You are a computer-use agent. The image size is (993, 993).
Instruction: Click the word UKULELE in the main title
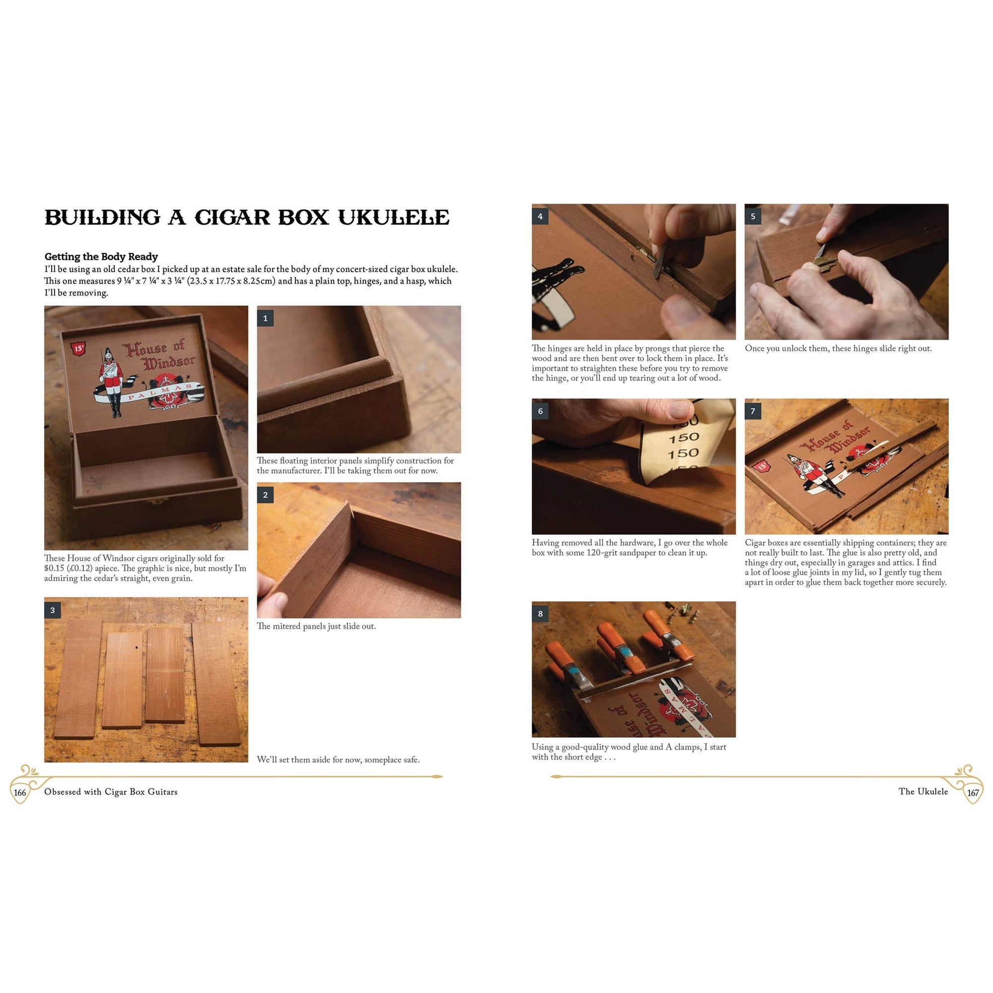pos(393,217)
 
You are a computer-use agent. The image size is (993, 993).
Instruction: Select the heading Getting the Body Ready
pos(101,257)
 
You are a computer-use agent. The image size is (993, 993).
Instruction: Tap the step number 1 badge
pos(265,318)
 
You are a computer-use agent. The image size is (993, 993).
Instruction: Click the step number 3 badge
pos(53,610)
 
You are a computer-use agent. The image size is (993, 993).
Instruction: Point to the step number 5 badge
pos(753,216)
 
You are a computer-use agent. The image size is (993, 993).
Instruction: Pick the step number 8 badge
pos(540,614)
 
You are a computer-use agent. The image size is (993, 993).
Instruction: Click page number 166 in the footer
pos(19,792)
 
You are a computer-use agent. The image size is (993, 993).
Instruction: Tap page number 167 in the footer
pos(973,792)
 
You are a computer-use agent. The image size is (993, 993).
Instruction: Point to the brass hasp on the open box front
pos(157,499)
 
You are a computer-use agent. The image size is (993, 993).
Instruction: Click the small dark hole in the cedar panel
pos(137,647)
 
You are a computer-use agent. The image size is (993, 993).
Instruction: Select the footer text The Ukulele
pos(923,791)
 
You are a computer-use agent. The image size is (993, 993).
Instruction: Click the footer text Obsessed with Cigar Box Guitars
pos(111,792)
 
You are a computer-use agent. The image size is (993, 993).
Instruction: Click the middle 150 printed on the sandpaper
pos(684,438)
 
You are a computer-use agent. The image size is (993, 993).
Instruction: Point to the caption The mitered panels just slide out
pos(316,626)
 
